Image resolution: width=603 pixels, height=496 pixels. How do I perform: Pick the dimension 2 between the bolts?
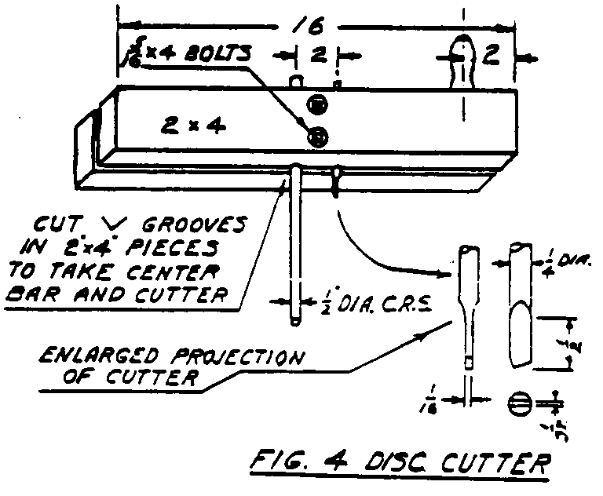click(316, 56)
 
